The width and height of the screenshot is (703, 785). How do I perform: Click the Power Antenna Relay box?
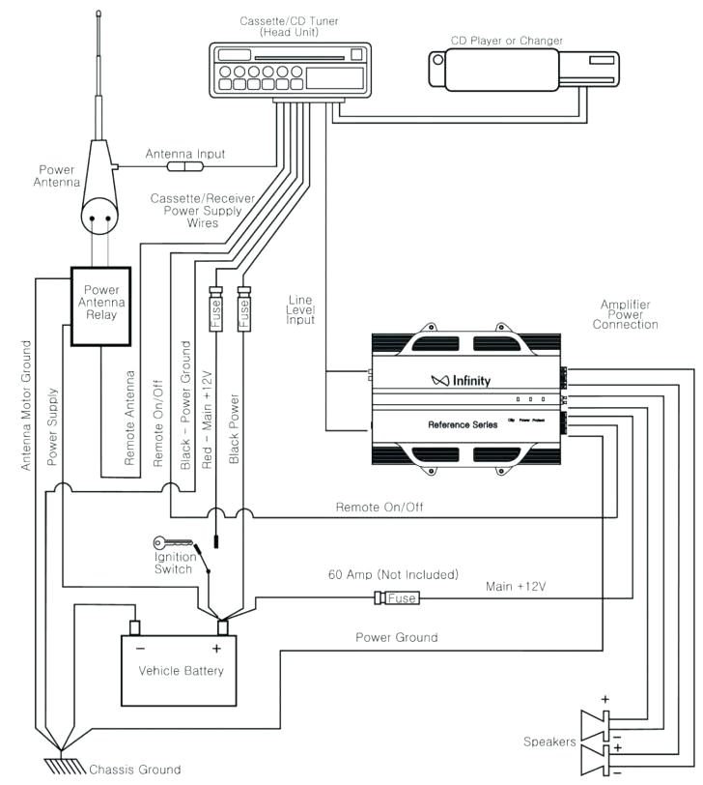pyautogui.click(x=100, y=305)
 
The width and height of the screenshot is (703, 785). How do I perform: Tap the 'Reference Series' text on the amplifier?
pyautogui.click(x=464, y=424)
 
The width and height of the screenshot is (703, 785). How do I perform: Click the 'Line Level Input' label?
pyautogui.click(x=302, y=308)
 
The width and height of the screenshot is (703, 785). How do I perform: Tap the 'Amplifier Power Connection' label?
pyautogui.click(x=626, y=314)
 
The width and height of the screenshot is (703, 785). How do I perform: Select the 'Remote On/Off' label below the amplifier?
pyautogui.click(x=379, y=508)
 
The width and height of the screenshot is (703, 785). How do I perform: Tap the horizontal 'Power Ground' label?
pyautogui.click(x=396, y=637)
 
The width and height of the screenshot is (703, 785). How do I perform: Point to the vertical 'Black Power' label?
pyautogui.click(x=234, y=428)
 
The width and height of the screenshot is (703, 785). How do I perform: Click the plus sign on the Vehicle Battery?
pyautogui.click(x=216, y=649)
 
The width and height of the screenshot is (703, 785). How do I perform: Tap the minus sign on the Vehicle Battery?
pyautogui.click(x=141, y=649)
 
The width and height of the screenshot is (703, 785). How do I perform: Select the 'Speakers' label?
pyautogui.click(x=549, y=741)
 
